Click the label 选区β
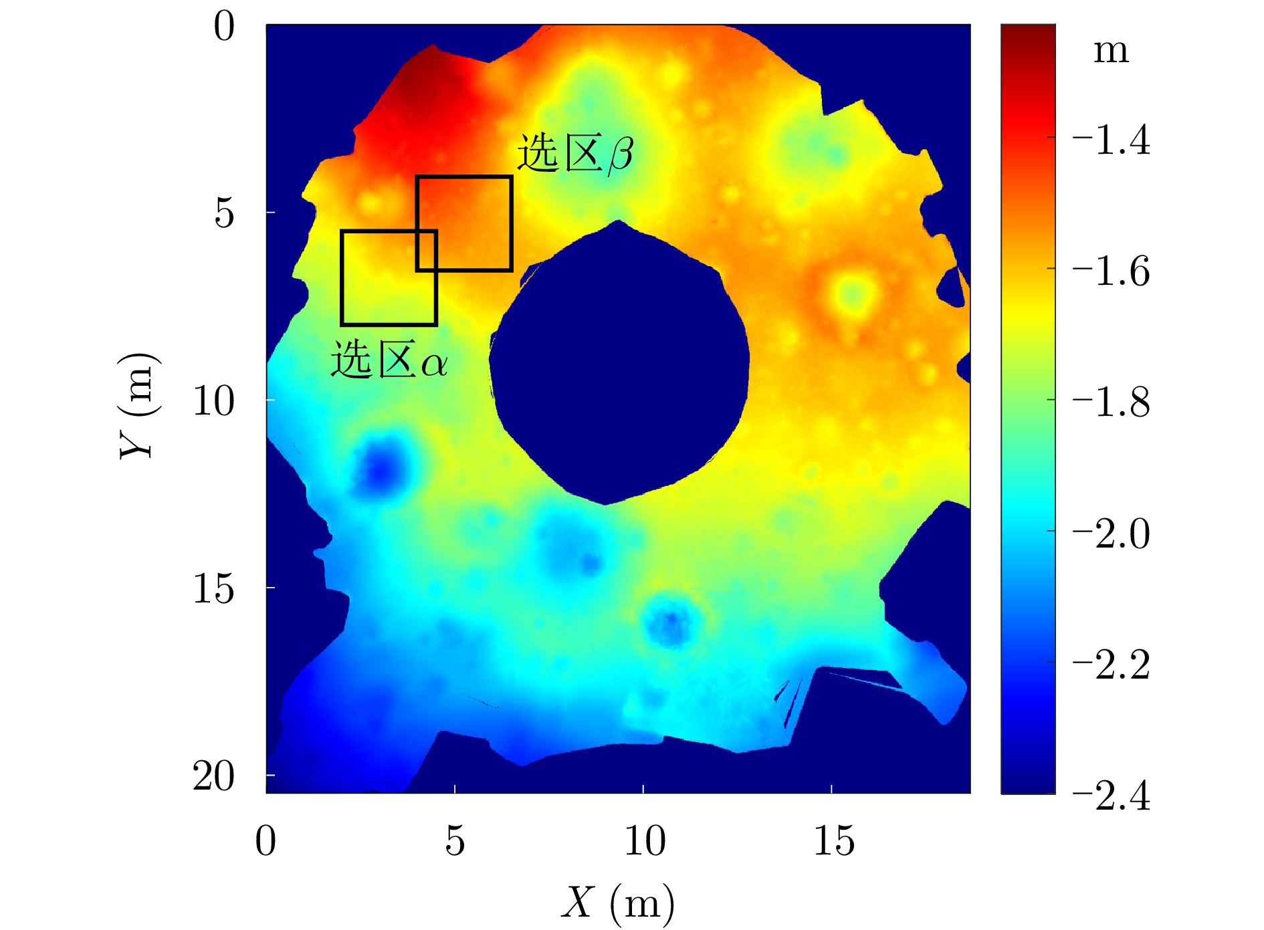click(575, 154)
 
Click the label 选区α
click(389, 360)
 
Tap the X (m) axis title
click(617, 903)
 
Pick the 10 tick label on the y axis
click(214, 400)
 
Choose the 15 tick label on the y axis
click(214, 588)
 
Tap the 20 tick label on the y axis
click(214, 776)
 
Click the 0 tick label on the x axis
click(266, 840)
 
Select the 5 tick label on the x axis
click(455, 840)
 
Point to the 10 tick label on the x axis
click(644, 840)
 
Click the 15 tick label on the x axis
click(833, 840)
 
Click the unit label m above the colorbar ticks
click(1111, 51)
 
